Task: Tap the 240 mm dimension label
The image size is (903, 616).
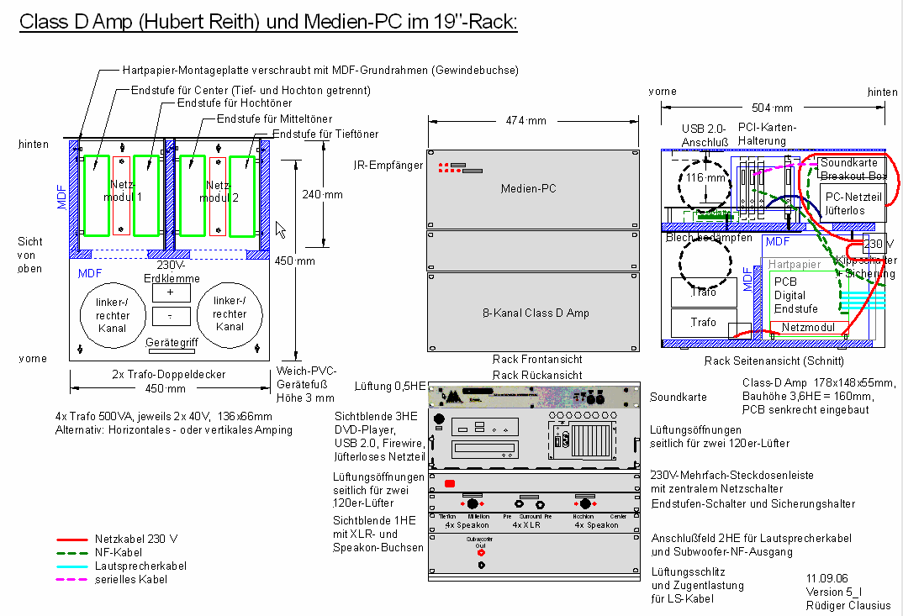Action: (x=322, y=194)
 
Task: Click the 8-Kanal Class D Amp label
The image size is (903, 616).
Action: (x=529, y=313)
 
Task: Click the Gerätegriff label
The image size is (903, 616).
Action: (x=171, y=343)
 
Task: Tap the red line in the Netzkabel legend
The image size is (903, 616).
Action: (x=72, y=539)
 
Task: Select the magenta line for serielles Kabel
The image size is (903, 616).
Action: (x=72, y=580)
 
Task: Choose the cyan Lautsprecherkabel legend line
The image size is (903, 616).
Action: (x=72, y=566)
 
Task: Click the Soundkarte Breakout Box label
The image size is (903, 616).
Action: (x=853, y=169)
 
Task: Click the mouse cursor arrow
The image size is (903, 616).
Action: (x=281, y=229)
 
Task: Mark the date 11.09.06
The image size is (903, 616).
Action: (x=826, y=578)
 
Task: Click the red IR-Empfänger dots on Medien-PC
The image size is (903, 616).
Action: (x=443, y=168)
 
